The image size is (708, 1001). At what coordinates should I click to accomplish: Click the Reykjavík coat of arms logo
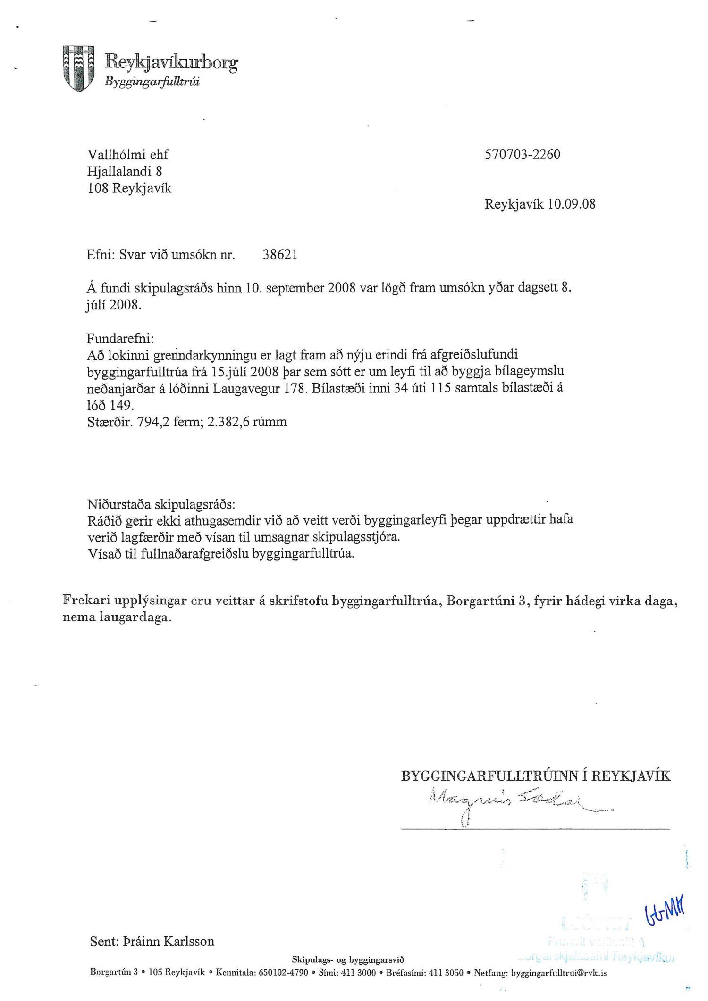coord(78,68)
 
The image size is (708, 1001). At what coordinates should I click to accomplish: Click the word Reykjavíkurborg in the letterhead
coord(171,62)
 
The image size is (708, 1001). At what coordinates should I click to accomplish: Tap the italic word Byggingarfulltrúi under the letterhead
coord(152,82)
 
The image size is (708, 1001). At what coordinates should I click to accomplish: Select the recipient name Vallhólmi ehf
coord(127,155)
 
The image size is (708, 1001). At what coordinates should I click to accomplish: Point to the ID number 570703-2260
coord(522,155)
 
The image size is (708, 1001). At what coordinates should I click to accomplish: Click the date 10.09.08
coord(571,204)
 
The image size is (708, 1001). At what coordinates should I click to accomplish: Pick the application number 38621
coord(280,255)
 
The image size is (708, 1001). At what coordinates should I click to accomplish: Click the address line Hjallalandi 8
coord(125,171)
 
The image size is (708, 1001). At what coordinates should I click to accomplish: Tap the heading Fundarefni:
coord(120,338)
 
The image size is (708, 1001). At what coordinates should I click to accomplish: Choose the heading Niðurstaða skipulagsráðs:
coord(161,504)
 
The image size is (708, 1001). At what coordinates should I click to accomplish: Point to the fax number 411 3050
coord(446,973)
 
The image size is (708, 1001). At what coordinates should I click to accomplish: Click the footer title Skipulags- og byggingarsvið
coord(348,959)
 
